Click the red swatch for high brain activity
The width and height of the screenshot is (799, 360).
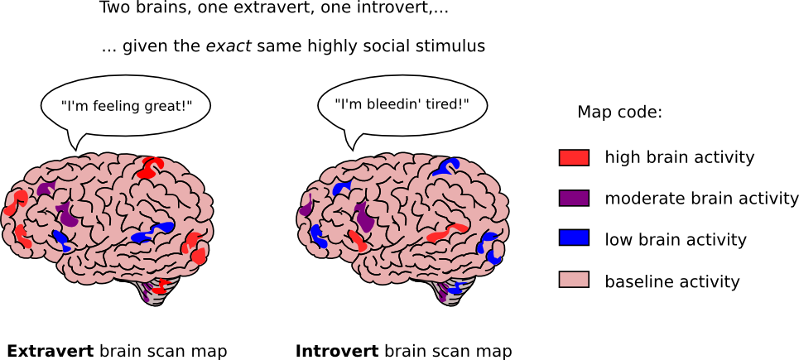pyautogui.click(x=574, y=158)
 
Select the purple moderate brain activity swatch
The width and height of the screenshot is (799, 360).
pyautogui.click(x=574, y=198)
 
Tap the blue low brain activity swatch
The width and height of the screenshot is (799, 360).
pyautogui.click(x=574, y=238)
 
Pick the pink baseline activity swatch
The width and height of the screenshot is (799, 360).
pyautogui.click(x=574, y=280)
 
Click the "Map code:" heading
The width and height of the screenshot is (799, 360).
pyautogui.click(x=619, y=113)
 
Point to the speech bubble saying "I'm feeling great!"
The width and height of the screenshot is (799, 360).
pyautogui.click(x=125, y=106)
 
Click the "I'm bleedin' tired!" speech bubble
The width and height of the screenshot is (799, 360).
pyautogui.click(x=402, y=104)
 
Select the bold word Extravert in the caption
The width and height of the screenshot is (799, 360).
pyautogui.click(x=51, y=352)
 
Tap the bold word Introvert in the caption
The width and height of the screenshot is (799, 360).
pyautogui.click(x=337, y=352)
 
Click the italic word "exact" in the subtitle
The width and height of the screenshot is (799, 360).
pyautogui.click(x=228, y=47)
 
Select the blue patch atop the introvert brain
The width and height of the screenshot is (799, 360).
pyautogui.click(x=445, y=167)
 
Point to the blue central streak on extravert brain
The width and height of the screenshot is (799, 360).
pyautogui.click(x=152, y=232)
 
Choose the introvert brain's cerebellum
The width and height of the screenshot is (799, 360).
pyautogui.click(x=454, y=291)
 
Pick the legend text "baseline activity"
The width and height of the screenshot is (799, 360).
pyautogui.click(x=672, y=281)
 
